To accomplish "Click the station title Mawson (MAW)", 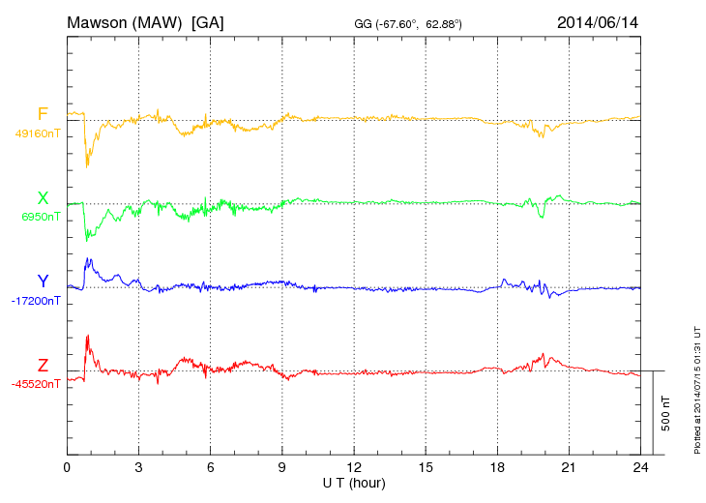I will coord(125,21).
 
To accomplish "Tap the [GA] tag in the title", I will coord(208,21).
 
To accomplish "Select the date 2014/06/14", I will coord(598,21).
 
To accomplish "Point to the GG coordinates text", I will coord(407,22).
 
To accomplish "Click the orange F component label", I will coord(43,115).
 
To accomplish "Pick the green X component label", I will coord(43,198).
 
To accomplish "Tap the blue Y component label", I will coord(43,281).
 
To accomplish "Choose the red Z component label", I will coord(43,366).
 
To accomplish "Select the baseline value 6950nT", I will coord(40,217).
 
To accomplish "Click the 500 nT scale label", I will coord(666,413).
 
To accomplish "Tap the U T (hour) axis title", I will coord(354,482).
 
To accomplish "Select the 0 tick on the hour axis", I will coord(67,467).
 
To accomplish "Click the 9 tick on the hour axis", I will coord(282,467).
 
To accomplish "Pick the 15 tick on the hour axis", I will coord(426,467).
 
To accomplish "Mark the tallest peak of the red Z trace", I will coord(88,336).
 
